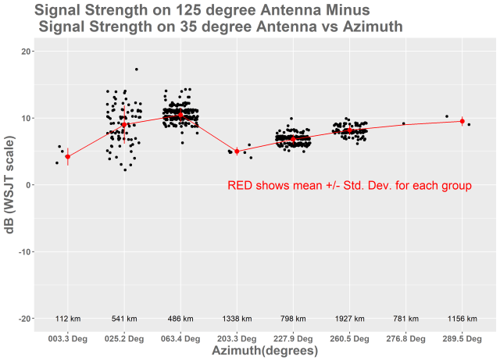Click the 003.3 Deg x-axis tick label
68,339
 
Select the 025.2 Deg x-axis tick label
124,339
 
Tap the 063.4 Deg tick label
180,339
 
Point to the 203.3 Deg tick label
237,339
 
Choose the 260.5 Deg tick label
349,339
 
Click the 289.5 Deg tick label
462,339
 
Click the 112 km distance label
68,319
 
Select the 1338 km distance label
237,319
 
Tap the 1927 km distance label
349,319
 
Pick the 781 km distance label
405,319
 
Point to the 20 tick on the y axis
27,52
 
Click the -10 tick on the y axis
24,251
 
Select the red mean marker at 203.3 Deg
237,151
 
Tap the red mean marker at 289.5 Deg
462,121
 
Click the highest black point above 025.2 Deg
136,70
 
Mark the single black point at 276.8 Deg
404,123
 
